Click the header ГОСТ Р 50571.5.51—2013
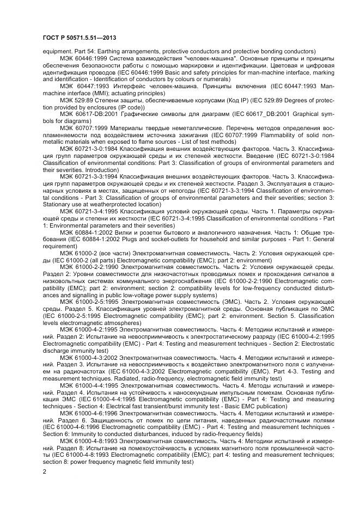[x=79, y=37]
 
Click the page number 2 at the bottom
[x=44, y=472]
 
